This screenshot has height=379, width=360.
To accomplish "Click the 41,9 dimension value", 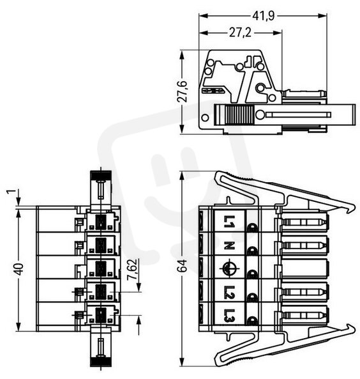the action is point(263,16).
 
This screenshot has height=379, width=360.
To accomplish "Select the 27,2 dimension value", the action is point(240,33).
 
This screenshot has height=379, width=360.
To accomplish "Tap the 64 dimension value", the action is point(183,266).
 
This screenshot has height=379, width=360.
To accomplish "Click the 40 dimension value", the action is point(19,269).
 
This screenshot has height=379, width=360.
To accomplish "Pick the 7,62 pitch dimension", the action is point(132,270).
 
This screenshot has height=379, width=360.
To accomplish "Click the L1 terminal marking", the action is point(229,222).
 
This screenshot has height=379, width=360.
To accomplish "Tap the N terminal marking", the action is point(229,246).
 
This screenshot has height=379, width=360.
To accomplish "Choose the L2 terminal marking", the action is point(229,292).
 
